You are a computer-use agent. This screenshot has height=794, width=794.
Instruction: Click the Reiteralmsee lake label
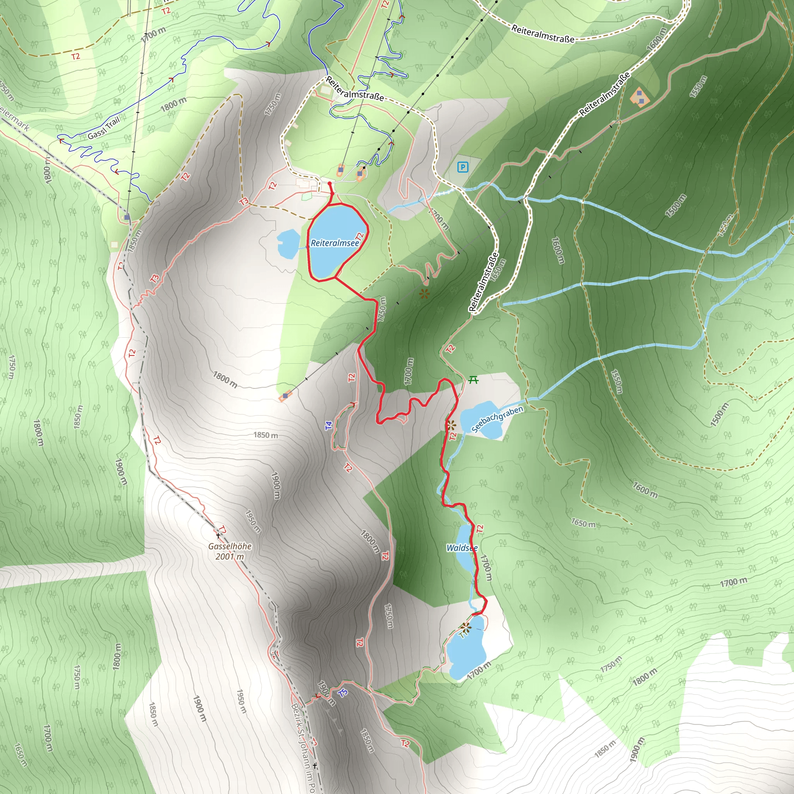click(335, 243)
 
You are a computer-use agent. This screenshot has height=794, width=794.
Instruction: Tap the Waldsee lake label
click(461, 548)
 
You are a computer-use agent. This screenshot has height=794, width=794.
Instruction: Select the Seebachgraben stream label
click(497, 419)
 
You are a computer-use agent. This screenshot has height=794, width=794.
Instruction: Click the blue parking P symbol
click(463, 167)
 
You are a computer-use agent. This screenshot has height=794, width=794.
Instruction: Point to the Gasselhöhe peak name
click(230, 546)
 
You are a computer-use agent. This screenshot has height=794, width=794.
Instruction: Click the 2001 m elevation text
click(230, 557)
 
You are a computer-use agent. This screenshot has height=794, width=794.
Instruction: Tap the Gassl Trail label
click(104, 128)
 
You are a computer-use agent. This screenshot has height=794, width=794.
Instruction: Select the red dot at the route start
click(330, 184)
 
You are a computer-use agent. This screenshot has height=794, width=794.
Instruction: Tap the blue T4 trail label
click(328, 426)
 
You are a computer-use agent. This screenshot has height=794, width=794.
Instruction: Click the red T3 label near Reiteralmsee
click(244, 201)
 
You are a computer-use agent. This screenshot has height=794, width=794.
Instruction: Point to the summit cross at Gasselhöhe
click(218, 535)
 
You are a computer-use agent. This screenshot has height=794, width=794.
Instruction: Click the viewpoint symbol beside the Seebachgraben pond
click(451, 425)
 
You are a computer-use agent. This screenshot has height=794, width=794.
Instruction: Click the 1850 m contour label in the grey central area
click(266, 435)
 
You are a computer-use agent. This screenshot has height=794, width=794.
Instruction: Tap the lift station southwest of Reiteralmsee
click(285, 396)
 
